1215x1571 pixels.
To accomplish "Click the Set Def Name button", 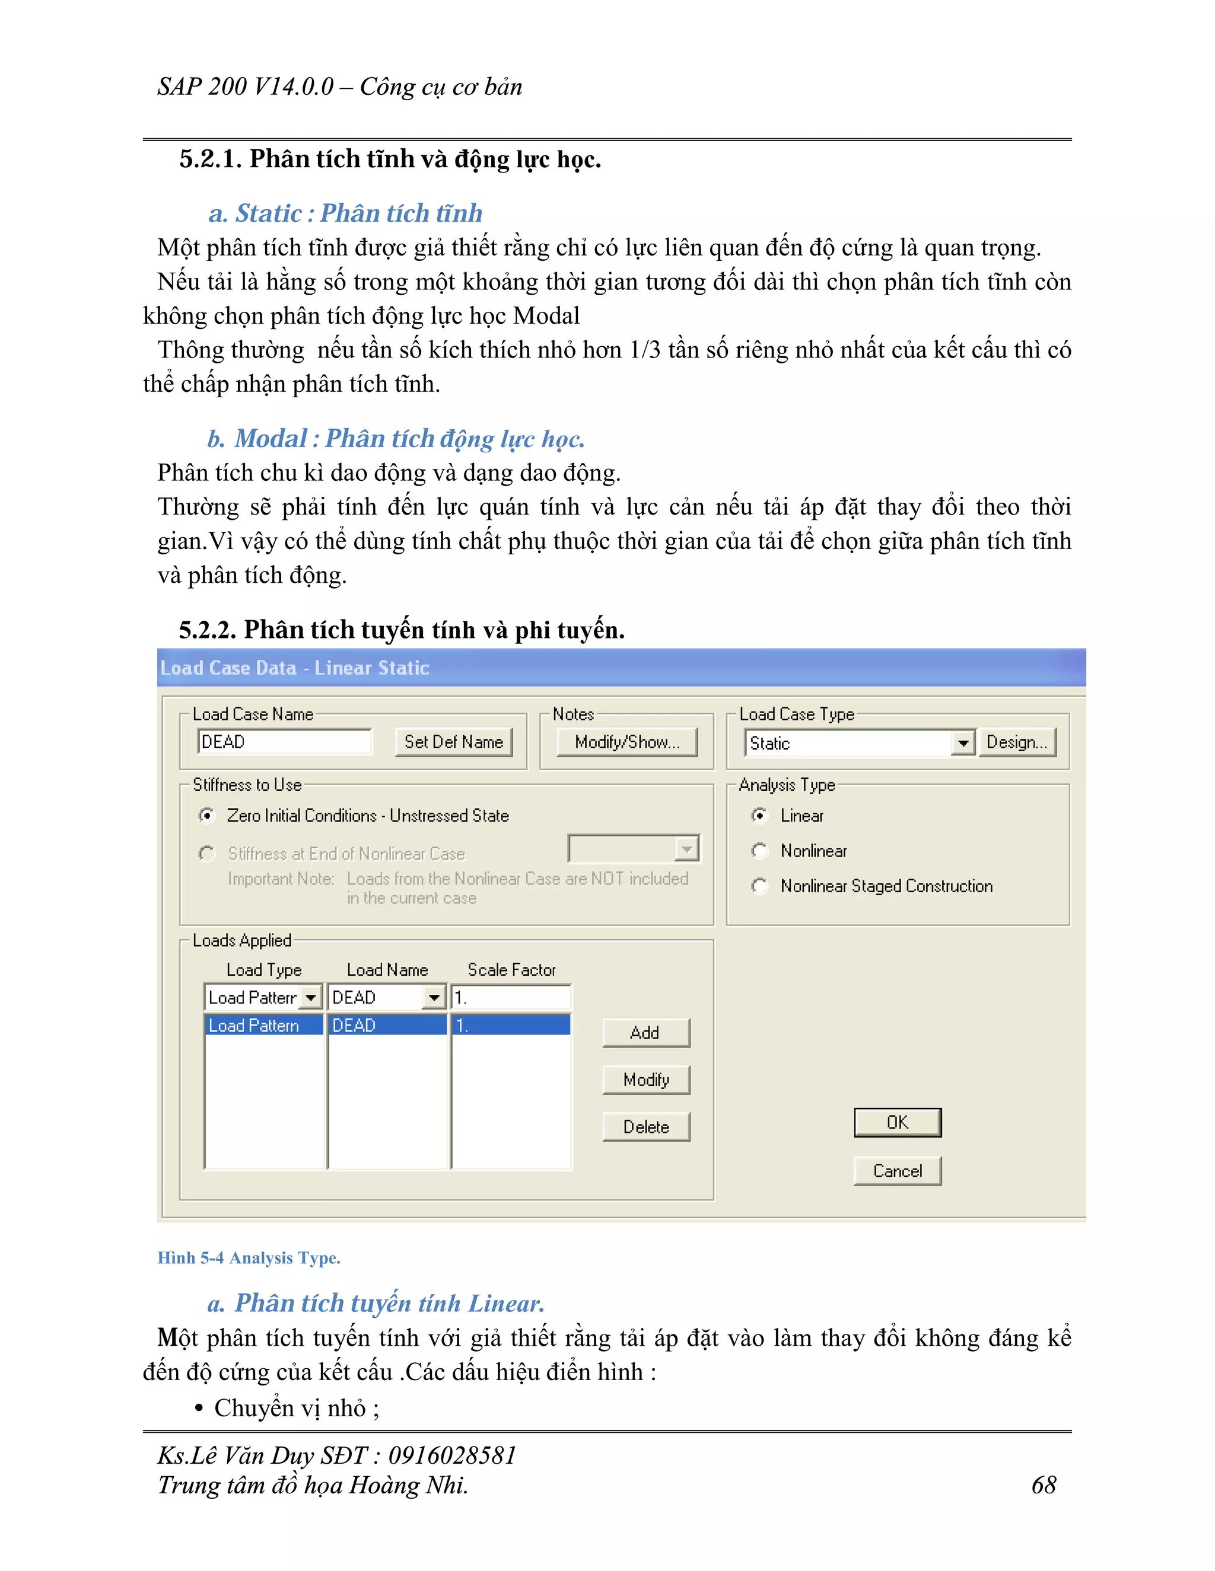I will pyautogui.click(x=453, y=742).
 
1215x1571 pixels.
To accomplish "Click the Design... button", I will pyautogui.click(x=1016, y=742).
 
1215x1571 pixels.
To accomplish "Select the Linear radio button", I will pyautogui.click(x=759, y=815).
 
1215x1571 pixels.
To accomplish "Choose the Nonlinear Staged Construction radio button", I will pyautogui.click(x=759, y=886).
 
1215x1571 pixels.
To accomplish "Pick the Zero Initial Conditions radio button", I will pyautogui.click(x=206, y=815).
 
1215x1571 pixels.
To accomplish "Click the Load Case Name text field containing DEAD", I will pyautogui.click(x=284, y=742).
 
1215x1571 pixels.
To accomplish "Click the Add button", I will pyautogui.click(x=645, y=1032).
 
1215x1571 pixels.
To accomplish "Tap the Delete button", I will pyautogui.click(x=645, y=1126).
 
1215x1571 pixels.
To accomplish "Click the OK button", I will pyautogui.click(x=897, y=1122).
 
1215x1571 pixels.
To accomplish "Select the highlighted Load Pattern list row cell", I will pyautogui.click(x=263, y=1025).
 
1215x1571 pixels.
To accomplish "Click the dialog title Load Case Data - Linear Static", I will pyautogui.click(x=294, y=668).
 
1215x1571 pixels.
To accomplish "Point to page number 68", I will pyautogui.click(x=1043, y=1486).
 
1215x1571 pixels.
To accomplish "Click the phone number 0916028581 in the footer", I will pyautogui.click(x=452, y=1455).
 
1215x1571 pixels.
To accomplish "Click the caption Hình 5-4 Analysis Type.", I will pyautogui.click(x=249, y=1258).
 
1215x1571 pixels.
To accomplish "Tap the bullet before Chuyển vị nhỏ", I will pyautogui.click(x=199, y=1409).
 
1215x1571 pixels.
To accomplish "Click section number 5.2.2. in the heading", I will pyautogui.click(x=207, y=630).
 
